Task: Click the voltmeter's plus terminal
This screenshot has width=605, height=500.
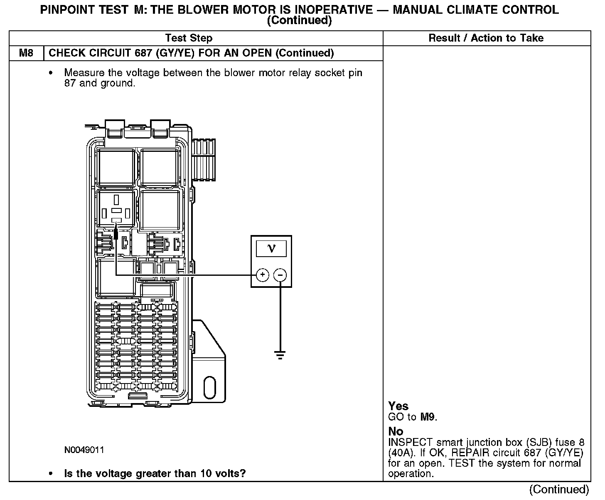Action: point(263,275)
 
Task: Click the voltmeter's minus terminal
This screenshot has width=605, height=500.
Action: point(280,275)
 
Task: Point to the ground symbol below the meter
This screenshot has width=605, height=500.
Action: point(280,355)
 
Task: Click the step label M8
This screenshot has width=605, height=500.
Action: point(26,53)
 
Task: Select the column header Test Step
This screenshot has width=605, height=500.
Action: point(189,38)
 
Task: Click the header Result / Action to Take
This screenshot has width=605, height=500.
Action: point(486,38)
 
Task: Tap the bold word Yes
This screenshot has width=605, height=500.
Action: point(398,406)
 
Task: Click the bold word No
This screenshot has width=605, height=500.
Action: point(396,431)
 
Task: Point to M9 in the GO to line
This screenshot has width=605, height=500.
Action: point(428,417)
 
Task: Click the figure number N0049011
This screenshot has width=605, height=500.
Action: point(84,450)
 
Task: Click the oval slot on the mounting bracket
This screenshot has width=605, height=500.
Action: point(210,387)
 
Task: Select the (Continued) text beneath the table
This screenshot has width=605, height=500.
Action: point(559,490)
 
